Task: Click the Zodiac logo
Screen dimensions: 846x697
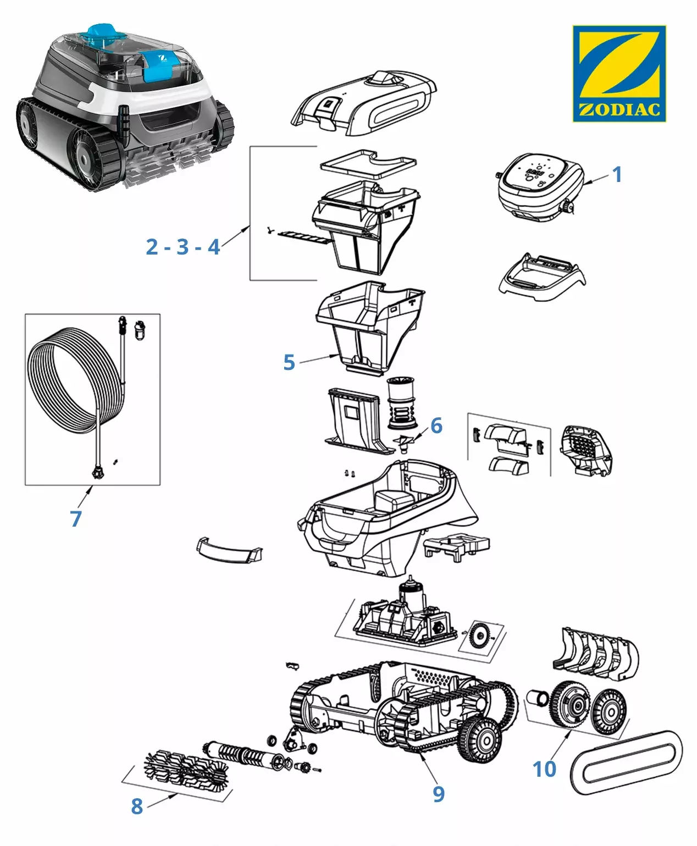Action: [x=619, y=73]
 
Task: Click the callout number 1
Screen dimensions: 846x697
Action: [x=617, y=174]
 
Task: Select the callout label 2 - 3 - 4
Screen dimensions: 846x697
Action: [x=183, y=247]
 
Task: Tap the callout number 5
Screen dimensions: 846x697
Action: [x=289, y=362]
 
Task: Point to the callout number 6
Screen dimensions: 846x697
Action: [x=436, y=425]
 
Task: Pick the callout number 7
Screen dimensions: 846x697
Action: [x=76, y=518]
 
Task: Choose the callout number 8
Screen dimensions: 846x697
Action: [x=137, y=806]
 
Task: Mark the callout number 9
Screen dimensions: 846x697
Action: [x=438, y=794]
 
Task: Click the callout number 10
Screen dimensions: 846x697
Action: [x=544, y=769]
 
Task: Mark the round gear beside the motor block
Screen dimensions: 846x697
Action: [x=479, y=637]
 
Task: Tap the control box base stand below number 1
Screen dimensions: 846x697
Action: [x=540, y=277]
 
